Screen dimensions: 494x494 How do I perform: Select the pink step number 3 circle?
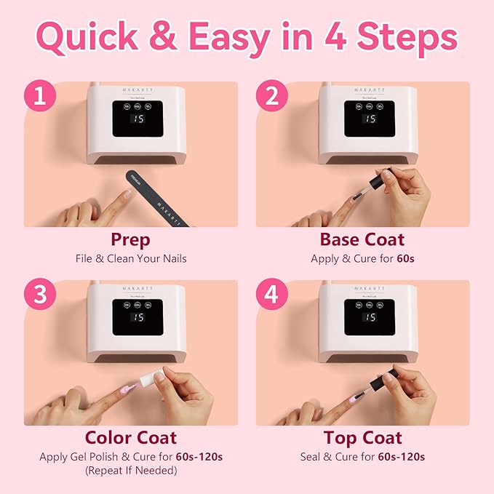(39, 296)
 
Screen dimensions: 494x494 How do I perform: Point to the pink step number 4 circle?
(271, 296)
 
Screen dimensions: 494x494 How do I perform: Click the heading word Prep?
(131, 239)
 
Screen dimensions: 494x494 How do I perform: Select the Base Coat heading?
(362, 239)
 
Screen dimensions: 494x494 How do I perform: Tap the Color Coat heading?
(131, 438)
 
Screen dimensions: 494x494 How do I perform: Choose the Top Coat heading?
(362, 438)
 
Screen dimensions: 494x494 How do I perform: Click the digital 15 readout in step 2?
(370, 119)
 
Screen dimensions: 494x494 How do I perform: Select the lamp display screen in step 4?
(370, 317)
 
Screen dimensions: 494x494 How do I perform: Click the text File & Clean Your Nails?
(131, 258)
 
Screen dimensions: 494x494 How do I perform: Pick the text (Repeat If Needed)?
(131, 470)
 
